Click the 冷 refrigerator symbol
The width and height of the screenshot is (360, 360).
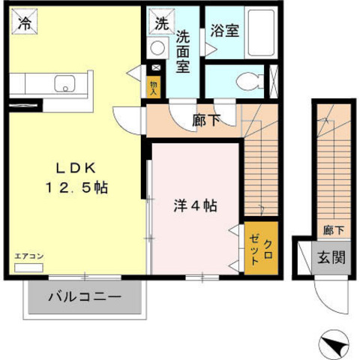(x=25, y=22)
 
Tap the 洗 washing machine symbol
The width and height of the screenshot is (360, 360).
(x=161, y=22)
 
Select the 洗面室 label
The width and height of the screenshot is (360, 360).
(x=183, y=50)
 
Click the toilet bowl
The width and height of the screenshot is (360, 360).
(x=247, y=80)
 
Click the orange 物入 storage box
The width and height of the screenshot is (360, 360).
(x=154, y=87)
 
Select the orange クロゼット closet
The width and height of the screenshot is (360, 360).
(x=261, y=247)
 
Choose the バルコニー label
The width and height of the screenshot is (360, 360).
(x=84, y=297)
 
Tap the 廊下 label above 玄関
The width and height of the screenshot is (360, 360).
(x=329, y=230)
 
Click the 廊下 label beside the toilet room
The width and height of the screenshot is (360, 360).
(x=206, y=119)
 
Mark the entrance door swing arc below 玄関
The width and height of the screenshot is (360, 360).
(x=331, y=296)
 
